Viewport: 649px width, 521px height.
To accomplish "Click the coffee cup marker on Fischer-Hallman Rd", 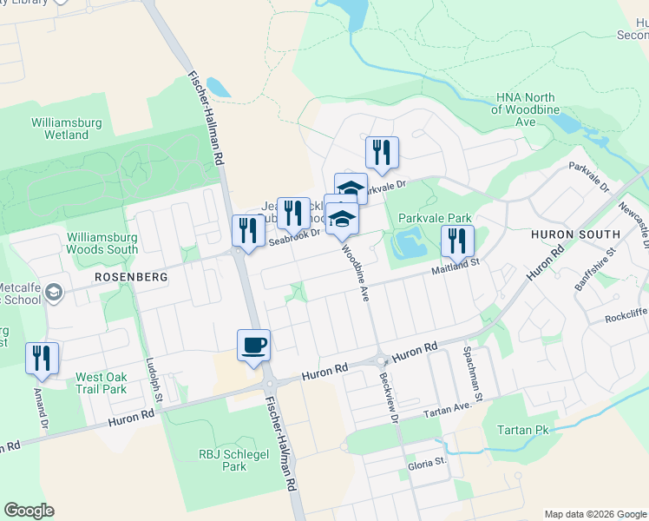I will (x=253, y=346).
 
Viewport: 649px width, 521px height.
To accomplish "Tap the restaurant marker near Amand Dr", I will (x=43, y=359).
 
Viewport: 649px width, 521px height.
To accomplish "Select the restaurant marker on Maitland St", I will (x=457, y=241).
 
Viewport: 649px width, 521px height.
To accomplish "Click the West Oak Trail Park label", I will (x=102, y=383).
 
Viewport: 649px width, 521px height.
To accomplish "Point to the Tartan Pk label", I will (x=524, y=430).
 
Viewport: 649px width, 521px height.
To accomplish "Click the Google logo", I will (x=29, y=511).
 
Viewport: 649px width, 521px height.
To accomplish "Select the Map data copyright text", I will (x=594, y=514).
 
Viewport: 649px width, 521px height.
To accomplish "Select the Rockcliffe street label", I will (x=628, y=318).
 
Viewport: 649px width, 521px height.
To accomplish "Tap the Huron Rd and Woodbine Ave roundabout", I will (x=380, y=360).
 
